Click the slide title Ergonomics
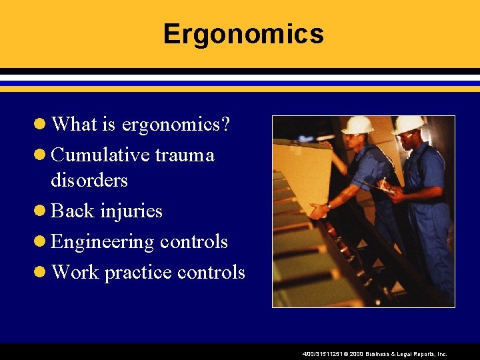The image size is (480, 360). pos(243,34)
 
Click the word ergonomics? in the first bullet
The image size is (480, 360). pos(175,124)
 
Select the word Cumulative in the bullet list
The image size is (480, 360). pos(100,155)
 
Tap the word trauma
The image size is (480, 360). pos(185,155)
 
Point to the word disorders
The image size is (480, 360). pos(89,180)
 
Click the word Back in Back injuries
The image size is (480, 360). pos(72,211)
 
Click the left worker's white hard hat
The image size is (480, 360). pos(358,125)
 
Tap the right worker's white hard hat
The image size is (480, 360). pos(407,124)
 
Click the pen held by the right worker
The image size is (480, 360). pos(384,181)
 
